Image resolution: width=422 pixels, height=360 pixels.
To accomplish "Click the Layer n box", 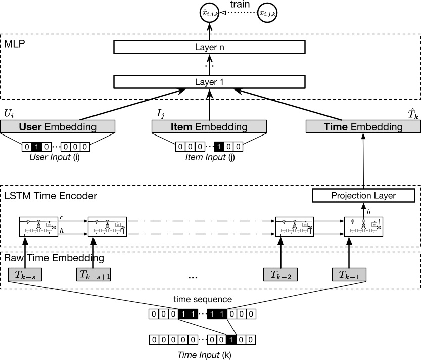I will [210, 47].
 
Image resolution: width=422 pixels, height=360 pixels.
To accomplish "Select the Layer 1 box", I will [210, 81].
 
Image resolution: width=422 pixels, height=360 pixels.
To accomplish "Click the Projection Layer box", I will [364, 195].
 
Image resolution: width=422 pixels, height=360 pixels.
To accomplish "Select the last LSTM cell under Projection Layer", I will [363, 227].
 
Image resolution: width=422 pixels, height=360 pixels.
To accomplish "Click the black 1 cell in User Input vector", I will [36, 147].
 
